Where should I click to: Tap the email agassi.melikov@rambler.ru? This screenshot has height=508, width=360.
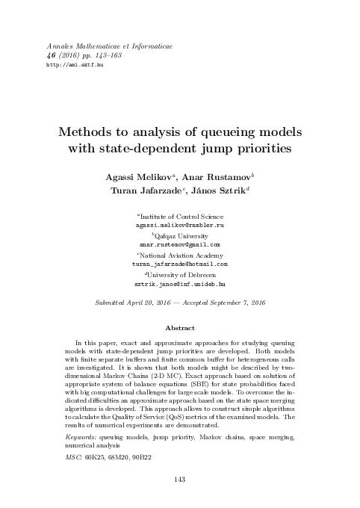click(179, 224)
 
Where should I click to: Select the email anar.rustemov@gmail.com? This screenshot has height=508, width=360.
click(179, 244)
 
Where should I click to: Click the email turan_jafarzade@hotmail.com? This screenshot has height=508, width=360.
click(179, 264)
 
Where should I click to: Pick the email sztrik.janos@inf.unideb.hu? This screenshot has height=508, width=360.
click(179, 285)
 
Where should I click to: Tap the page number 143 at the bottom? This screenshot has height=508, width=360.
click(179, 479)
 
